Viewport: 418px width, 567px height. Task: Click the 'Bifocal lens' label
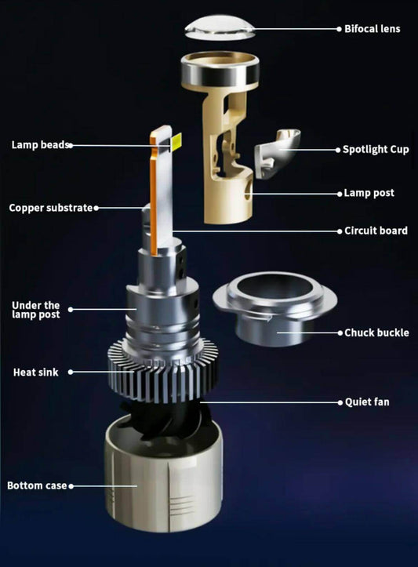tap(372, 28)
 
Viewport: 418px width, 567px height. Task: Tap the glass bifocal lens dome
tap(220, 27)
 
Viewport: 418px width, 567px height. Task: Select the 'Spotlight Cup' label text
tap(376, 149)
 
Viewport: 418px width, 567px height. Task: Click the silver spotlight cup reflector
tap(278, 153)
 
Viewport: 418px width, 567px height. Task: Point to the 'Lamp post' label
tap(369, 193)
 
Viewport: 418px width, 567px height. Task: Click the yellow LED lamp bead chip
tap(176, 141)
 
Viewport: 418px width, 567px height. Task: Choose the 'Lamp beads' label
tap(40, 144)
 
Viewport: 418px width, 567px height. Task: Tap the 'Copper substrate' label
tap(51, 208)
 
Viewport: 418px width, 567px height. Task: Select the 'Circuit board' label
tap(376, 231)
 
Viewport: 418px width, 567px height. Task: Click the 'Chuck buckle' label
tap(376, 333)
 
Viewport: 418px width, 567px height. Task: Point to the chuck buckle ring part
tap(274, 307)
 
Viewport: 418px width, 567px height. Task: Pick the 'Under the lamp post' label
tap(35, 310)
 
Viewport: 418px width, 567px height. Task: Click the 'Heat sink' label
tap(35, 372)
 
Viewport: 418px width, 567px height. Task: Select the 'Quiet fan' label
tap(367, 402)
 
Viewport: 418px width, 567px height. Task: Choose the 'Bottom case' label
tap(37, 485)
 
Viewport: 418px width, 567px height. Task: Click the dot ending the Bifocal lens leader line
tap(339, 29)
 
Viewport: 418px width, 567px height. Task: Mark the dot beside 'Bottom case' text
tap(71, 486)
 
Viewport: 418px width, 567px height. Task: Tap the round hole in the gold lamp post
tap(248, 190)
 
